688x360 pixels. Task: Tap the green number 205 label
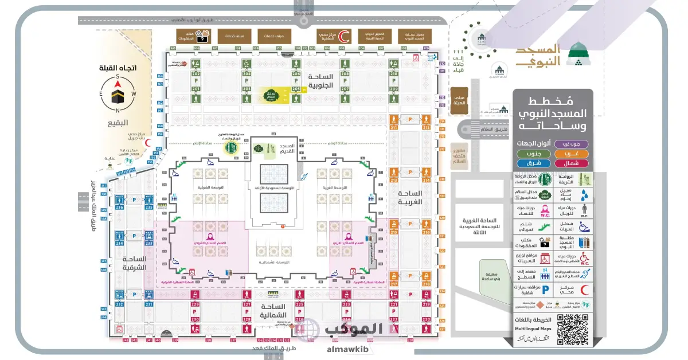296,89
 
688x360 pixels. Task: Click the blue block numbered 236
119,208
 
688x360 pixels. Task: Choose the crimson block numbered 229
196,304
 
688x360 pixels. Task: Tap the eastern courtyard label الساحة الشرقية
134,263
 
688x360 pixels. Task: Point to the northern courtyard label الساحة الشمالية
273,311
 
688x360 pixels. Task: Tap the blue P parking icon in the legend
531,290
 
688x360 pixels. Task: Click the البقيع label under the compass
118,122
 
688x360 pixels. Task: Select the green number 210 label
394,75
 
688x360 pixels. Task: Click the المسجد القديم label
285,148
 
